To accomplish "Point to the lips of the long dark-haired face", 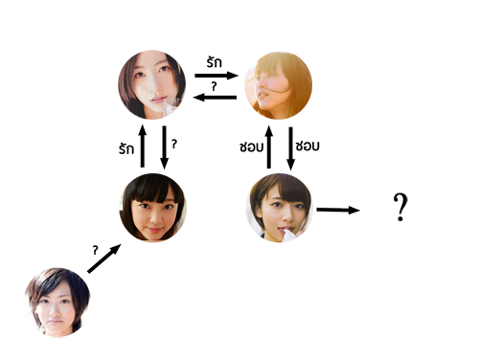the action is click(x=157, y=101).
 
